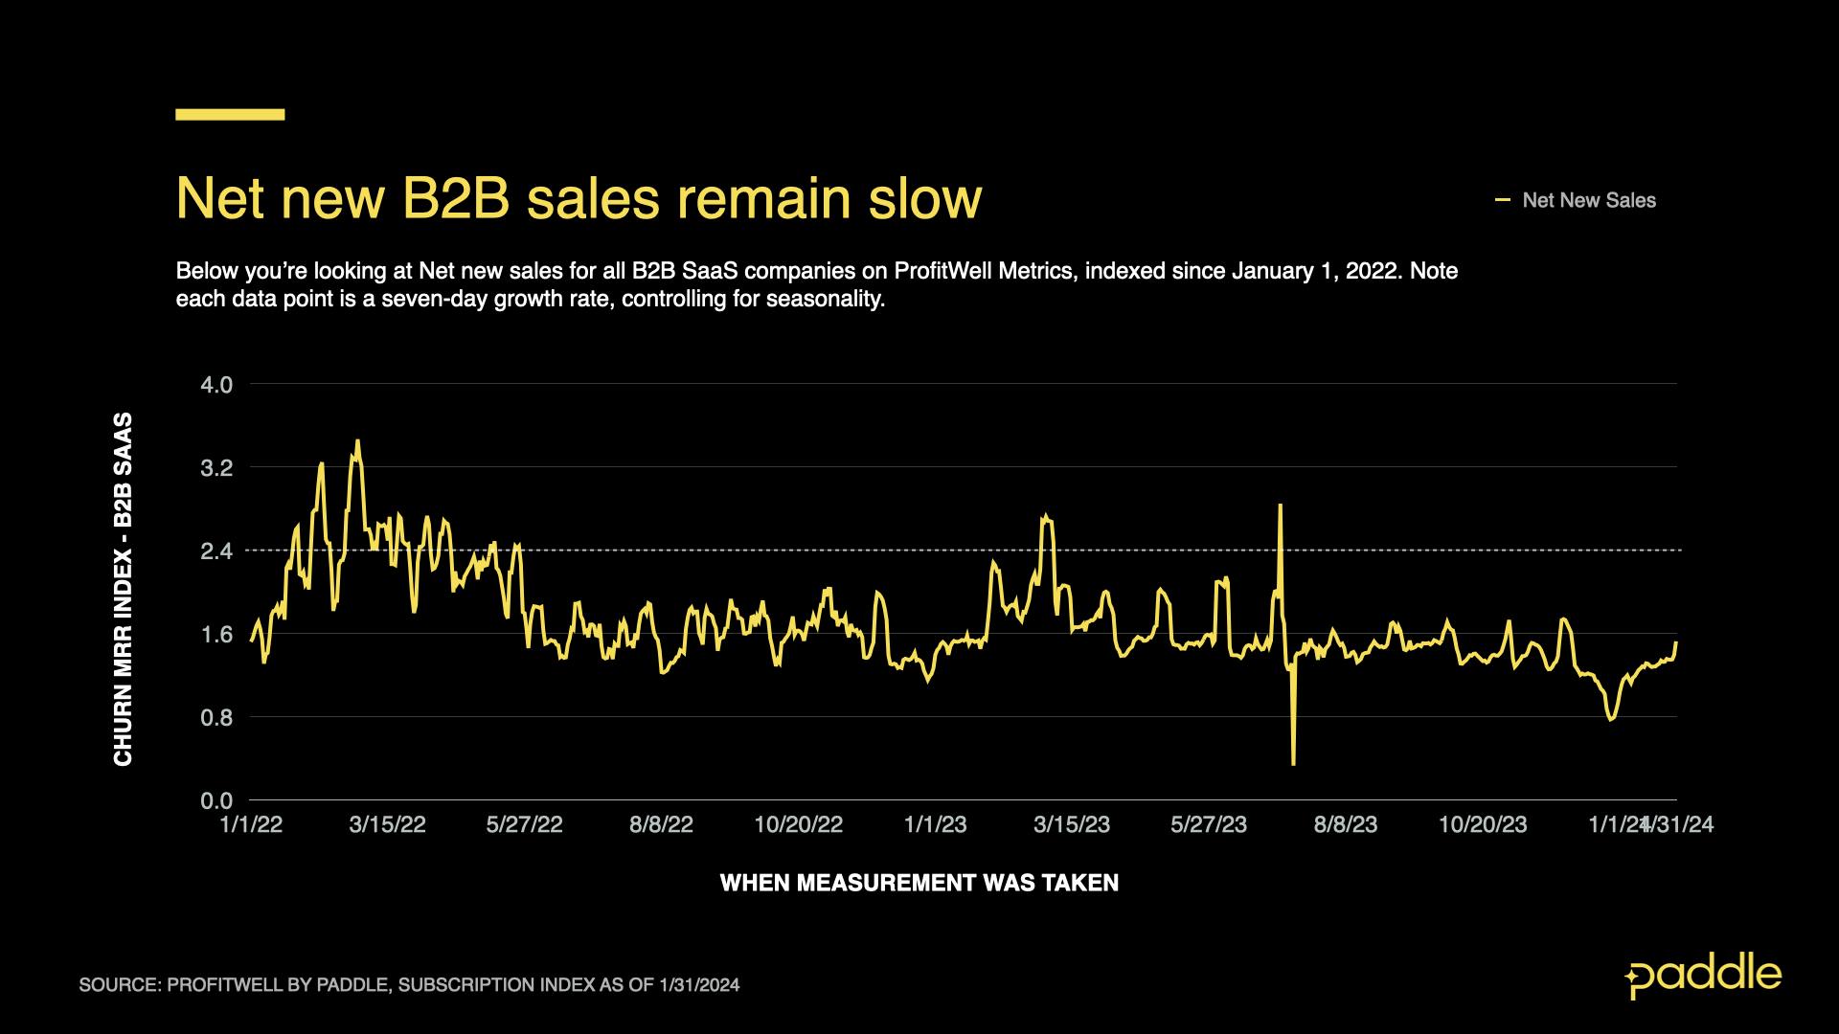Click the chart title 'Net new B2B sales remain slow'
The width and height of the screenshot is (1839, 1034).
(x=579, y=199)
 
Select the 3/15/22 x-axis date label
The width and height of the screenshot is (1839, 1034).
(x=387, y=825)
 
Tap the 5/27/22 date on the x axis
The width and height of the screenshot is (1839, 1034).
(x=524, y=825)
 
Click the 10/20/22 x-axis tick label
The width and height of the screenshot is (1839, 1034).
(x=798, y=825)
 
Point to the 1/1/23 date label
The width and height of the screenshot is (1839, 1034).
(x=935, y=825)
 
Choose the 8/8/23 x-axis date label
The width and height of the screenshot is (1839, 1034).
(x=1346, y=825)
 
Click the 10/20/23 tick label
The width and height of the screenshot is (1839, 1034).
(x=1483, y=825)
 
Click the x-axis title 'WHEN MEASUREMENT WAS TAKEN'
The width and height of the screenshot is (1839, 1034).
(x=919, y=883)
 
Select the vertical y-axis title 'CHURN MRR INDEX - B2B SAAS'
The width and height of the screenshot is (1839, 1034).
(x=124, y=589)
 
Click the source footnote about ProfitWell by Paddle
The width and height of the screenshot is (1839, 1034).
(x=409, y=985)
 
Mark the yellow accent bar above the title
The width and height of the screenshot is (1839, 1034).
(x=230, y=115)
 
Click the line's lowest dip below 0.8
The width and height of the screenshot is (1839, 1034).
(x=1293, y=763)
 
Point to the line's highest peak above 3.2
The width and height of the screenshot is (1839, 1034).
(x=357, y=441)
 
